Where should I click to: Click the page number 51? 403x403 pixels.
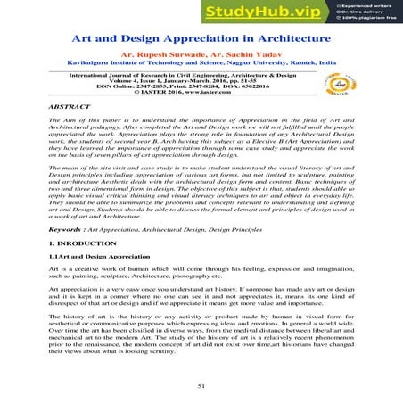pyautogui.click(x=201, y=382)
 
